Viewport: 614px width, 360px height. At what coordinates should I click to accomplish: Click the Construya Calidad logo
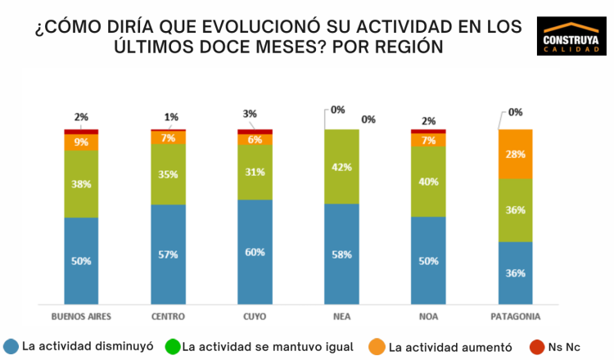click(571, 35)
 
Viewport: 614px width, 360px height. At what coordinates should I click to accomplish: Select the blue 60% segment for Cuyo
click(255, 251)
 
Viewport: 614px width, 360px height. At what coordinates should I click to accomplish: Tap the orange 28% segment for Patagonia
click(516, 154)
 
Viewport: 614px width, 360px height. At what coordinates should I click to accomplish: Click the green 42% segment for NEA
click(341, 166)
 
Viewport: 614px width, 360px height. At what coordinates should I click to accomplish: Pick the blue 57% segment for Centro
click(168, 254)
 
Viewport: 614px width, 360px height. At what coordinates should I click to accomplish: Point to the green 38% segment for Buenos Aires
click(81, 184)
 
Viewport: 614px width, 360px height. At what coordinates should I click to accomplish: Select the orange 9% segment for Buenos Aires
click(81, 142)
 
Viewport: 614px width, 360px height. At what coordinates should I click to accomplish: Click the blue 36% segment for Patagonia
click(516, 272)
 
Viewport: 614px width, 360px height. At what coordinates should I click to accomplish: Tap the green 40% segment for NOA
click(428, 181)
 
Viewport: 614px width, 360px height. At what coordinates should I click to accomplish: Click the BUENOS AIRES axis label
click(81, 317)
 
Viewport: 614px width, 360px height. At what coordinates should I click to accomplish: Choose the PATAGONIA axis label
click(516, 317)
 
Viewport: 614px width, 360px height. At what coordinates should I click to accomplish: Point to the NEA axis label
click(341, 317)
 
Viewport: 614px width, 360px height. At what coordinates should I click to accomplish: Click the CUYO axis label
click(255, 317)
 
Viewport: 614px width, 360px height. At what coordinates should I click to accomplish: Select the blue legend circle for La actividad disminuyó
click(11, 346)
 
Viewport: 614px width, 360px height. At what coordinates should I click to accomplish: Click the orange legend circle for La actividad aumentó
click(377, 346)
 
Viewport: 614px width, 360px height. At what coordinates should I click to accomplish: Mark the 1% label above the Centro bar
click(170, 117)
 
